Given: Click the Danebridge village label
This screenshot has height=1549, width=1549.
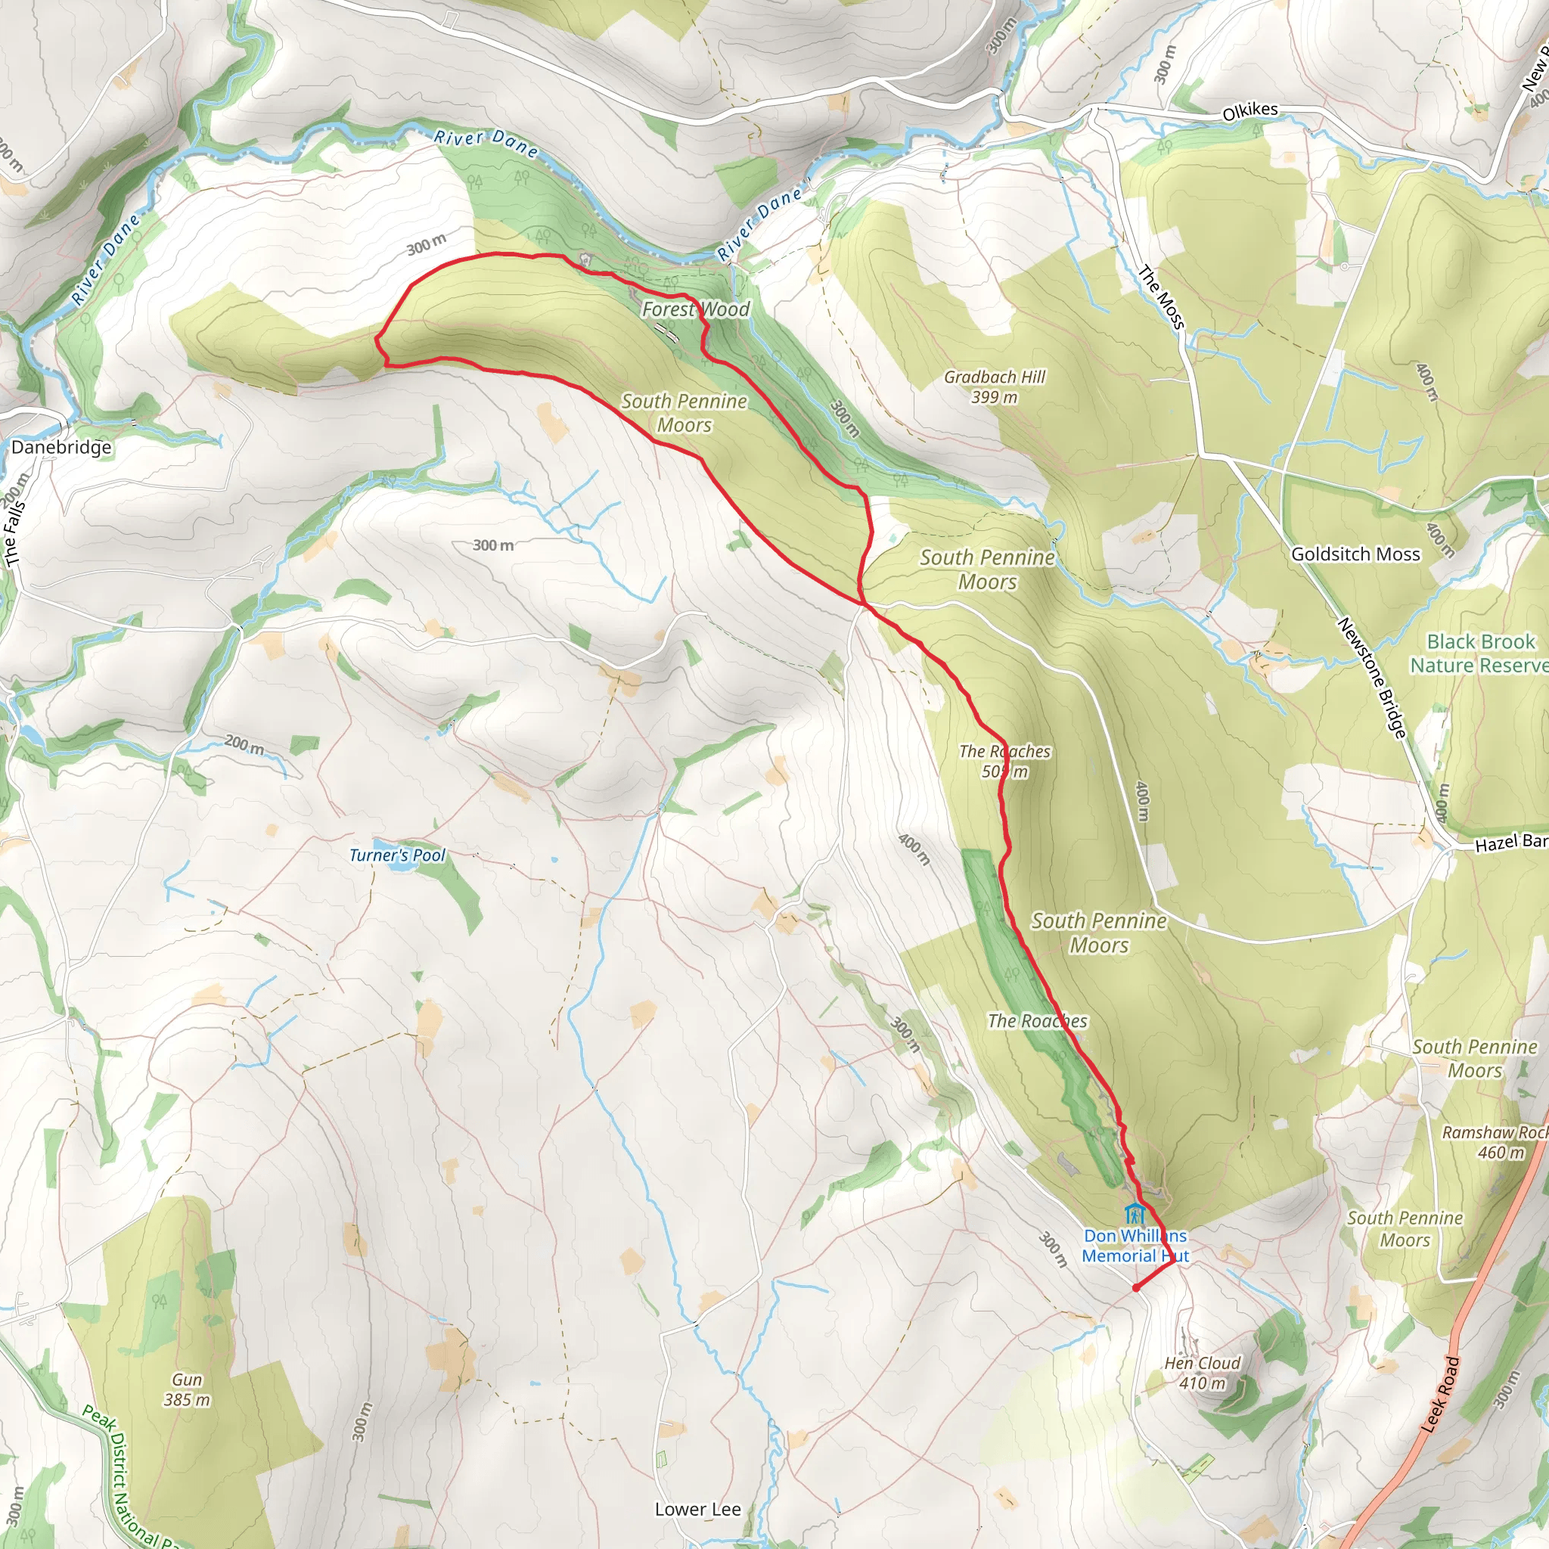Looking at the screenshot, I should (x=61, y=448).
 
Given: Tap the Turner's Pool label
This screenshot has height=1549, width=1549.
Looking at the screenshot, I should (x=397, y=855).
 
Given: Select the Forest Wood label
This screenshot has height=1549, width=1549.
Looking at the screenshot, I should (x=696, y=309).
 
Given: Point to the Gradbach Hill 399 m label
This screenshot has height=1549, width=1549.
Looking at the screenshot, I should (x=994, y=386).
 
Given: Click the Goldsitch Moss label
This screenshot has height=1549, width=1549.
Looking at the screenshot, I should (x=1355, y=554).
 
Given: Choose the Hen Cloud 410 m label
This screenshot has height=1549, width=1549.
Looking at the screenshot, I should (x=1202, y=1373).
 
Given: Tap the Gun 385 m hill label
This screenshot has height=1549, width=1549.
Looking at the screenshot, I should (x=187, y=1389).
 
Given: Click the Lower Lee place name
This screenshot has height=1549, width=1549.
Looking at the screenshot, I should (x=697, y=1509).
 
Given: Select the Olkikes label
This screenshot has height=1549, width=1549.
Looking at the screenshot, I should (x=1250, y=110).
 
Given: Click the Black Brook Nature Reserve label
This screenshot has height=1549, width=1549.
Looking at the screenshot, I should (x=1480, y=653).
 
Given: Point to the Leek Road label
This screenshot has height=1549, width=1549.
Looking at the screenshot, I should (x=1440, y=1394).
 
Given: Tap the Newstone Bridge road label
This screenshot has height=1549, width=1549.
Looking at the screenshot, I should (x=1372, y=678).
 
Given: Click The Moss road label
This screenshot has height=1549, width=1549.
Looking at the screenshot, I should (x=1162, y=296).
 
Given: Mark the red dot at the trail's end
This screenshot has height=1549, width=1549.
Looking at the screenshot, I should (x=1136, y=1287).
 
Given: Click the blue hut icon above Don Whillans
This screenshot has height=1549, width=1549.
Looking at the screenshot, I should (x=1133, y=1214).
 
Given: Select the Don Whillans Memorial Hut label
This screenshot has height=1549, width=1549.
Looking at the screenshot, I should (x=1135, y=1246).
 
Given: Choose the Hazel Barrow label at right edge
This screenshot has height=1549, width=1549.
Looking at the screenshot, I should (x=1510, y=842).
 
